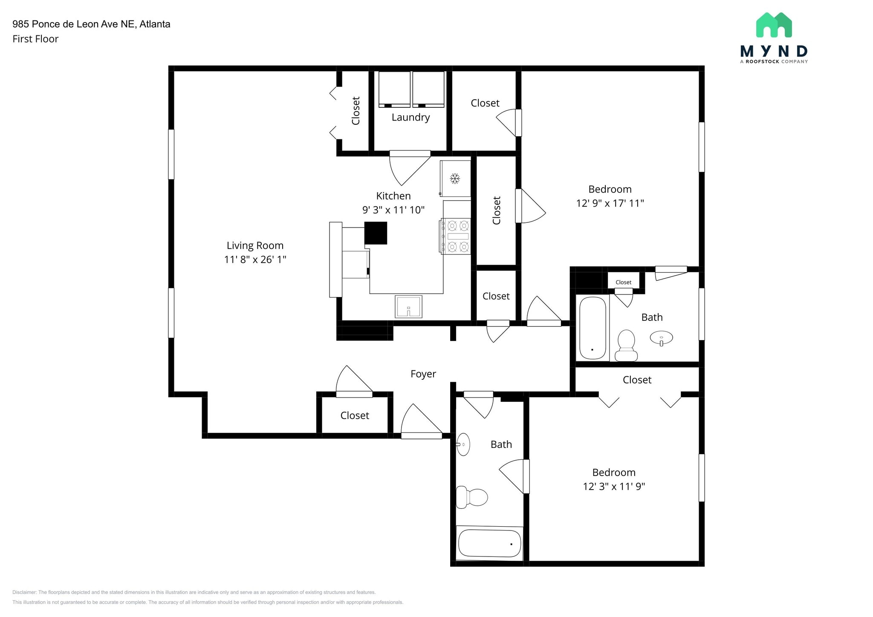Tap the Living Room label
tap(255, 245)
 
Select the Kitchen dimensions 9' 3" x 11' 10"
tap(393, 210)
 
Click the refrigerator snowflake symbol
tap(455, 178)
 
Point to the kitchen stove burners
tap(456, 236)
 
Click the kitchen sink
tap(408, 307)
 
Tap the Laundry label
tap(410, 118)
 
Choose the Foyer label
tap(423, 374)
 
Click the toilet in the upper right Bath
tap(627, 345)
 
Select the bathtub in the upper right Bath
tap(593, 328)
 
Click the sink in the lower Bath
tap(463, 444)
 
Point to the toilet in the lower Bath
tap(471, 497)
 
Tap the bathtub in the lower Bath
tap(490, 543)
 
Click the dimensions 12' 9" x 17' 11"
tap(610, 203)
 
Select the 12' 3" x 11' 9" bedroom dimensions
tap(614, 487)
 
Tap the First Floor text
tap(35, 39)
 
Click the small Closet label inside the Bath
tap(623, 282)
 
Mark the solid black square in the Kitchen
tap(376, 233)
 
